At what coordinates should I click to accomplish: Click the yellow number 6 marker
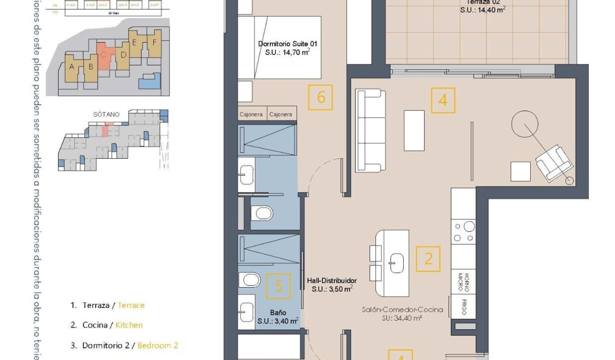(x=320, y=97)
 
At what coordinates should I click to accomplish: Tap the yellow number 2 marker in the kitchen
(x=428, y=258)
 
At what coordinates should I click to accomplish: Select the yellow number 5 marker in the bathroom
(x=279, y=286)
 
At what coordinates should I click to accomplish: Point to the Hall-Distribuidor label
(x=331, y=281)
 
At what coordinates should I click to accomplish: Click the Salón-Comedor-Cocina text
(x=402, y=309)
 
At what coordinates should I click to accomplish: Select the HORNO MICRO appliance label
(x=463, y=282)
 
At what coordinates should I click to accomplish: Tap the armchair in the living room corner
(x=554, y=163)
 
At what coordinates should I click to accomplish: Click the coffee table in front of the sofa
(x=414, y=130)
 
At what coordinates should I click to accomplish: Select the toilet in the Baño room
(x=250, y=280)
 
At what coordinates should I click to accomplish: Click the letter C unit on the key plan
(x=104, y=55)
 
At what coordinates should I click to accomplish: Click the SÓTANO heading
(x=106, y=114)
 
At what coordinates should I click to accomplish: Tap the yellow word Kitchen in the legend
(x=129, y=325)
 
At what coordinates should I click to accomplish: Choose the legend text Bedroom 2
(x=157, y=346)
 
